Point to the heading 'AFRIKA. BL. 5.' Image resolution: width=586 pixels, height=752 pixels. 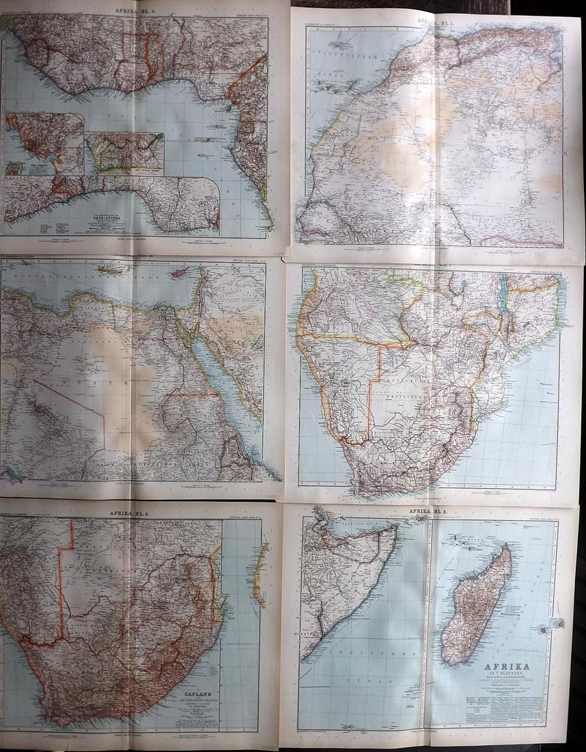click(432, 511)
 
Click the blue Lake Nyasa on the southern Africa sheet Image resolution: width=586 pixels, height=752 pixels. click(504, 301)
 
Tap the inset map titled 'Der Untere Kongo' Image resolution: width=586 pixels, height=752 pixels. click(124, 152)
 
